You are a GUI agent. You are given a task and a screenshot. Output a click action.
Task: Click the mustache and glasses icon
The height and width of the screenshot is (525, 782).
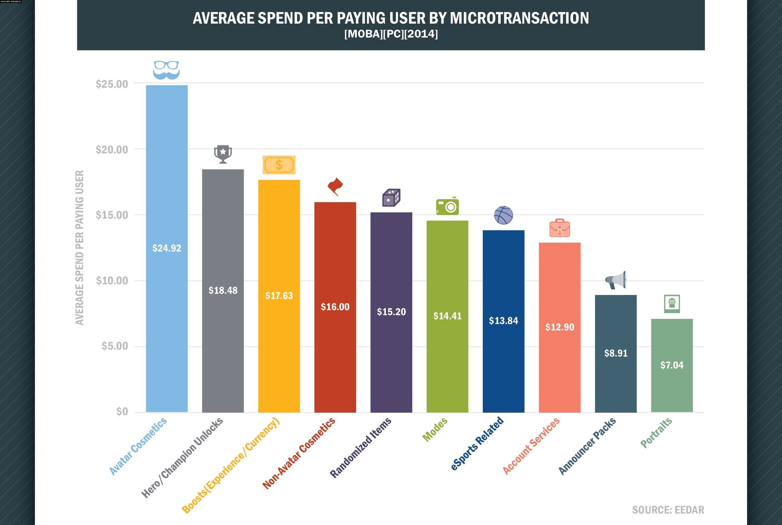(166, 70)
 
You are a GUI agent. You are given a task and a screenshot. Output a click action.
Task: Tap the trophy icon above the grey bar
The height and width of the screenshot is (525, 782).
(223, 154)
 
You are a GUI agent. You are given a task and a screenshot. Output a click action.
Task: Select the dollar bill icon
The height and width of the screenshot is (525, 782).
(279, 165)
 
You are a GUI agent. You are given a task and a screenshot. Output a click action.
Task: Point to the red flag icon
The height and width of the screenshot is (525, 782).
(335, 186)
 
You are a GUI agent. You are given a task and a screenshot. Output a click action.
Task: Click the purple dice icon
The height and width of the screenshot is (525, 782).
(391, 198)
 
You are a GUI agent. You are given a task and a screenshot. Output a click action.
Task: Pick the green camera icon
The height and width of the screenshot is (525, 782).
(447, 206)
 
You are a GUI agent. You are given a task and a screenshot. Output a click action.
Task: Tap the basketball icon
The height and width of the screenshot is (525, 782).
(504, 215)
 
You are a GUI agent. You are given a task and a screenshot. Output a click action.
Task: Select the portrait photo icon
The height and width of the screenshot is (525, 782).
(672, 304)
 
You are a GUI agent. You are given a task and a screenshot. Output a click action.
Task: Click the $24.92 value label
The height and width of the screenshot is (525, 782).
(167, 248)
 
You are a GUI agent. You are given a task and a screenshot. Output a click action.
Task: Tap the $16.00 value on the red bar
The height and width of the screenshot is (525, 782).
(335, 307)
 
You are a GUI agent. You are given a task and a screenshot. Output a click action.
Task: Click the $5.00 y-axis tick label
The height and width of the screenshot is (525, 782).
(115, 346)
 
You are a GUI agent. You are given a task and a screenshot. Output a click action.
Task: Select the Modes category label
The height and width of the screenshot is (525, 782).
(435, 430)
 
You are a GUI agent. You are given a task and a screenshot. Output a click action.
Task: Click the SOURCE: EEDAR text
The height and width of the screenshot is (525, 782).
(668, 510)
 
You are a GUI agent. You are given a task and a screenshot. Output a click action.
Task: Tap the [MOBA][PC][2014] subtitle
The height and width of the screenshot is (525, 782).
(391, 34)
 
